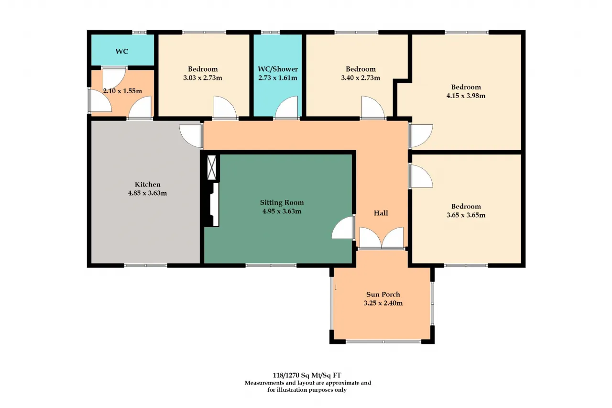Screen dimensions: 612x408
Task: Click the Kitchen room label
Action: click(x=148, y=185)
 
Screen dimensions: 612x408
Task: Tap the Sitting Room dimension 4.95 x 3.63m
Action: click(x=282, y=211)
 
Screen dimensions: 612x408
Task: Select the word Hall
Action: click(x=381, y=213)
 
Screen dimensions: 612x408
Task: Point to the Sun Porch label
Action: click(x=383, y=295)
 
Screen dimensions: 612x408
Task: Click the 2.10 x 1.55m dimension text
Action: click(x=122, y=91)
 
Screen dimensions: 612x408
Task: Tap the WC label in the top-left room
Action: click(x=122, y=51)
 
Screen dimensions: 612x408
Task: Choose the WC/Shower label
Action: click(x=278, y=69)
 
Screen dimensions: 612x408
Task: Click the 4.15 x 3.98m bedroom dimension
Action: click(x=466, y=96)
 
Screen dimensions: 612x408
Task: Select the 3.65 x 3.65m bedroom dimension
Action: click(x=466, y=215)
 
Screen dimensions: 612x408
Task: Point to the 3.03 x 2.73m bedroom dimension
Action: click(x=202, y=78)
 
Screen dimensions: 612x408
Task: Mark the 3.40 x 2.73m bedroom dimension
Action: click(x=361, y=78)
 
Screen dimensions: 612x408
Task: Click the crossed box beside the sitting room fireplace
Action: click(x=212, y=167)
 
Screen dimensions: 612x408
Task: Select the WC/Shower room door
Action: click(x=286, y=108)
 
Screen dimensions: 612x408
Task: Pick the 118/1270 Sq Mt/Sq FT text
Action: click(x=307, y=375)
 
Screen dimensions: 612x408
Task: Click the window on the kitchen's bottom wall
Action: click(x=146, y=265)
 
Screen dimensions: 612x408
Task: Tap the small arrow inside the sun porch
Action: click(x=336, y=288)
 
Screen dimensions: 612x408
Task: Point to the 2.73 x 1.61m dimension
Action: click(x=278, y=78)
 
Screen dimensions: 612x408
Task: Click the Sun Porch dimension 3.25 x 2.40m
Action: click(x=383, y=303)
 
